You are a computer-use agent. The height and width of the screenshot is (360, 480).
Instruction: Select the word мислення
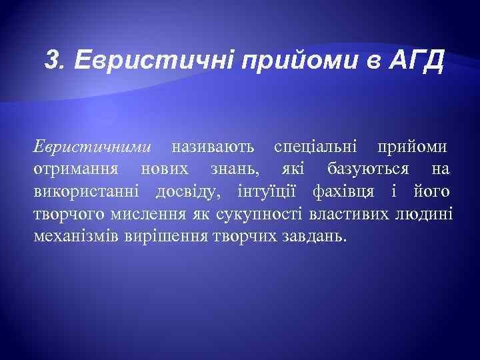point(143,214)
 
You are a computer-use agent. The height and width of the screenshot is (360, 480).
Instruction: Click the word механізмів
point(76,236)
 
